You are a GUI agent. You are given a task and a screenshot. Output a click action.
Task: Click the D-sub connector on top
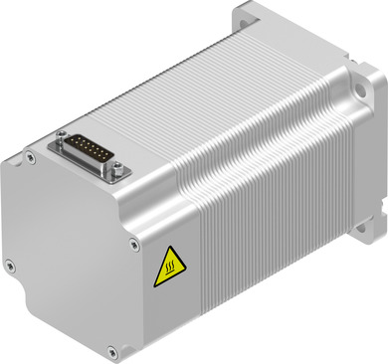pos(91,150)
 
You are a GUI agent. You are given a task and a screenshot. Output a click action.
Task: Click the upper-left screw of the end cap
pos(31,155)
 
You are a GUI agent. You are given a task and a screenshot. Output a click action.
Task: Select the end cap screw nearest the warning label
pos(131,240)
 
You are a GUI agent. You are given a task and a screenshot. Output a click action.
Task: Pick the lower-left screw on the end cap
pos(10,264)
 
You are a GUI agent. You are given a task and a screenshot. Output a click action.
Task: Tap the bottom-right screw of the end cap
pos(112,350)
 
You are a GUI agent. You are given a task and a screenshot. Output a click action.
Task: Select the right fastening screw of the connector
pos(120,173)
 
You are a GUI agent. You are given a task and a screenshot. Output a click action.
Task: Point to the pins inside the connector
pos(91,150)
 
